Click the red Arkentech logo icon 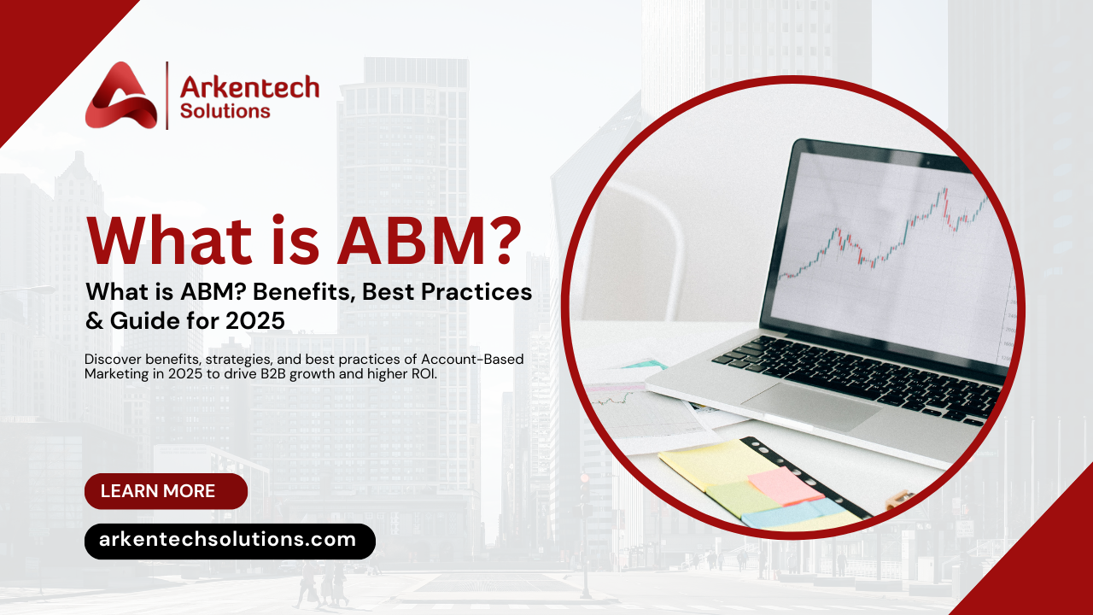tap(120, 96)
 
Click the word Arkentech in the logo tap(249, 86)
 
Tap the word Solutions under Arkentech tap(225, 111)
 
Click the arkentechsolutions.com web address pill tap(230, 541)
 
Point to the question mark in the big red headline tap(494, 240)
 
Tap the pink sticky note tap(786, 483)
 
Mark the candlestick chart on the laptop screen tap(888, 231)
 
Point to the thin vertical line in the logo tap(167, 95)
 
